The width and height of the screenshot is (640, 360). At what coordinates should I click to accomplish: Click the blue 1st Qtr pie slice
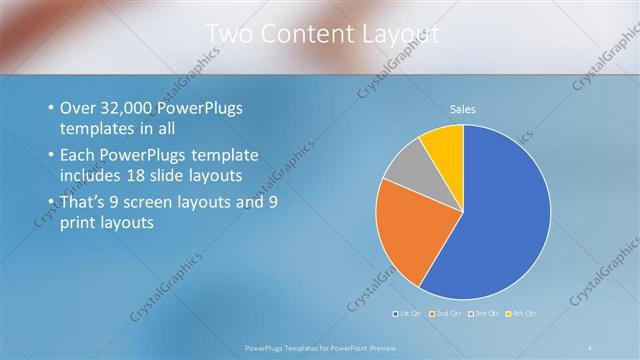point(500,220)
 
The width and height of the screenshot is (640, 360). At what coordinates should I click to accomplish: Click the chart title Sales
point(462,109)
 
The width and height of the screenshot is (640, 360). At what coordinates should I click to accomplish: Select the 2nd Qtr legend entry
point(442,315)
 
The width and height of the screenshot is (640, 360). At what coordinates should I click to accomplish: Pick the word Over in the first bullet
point(79,108)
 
